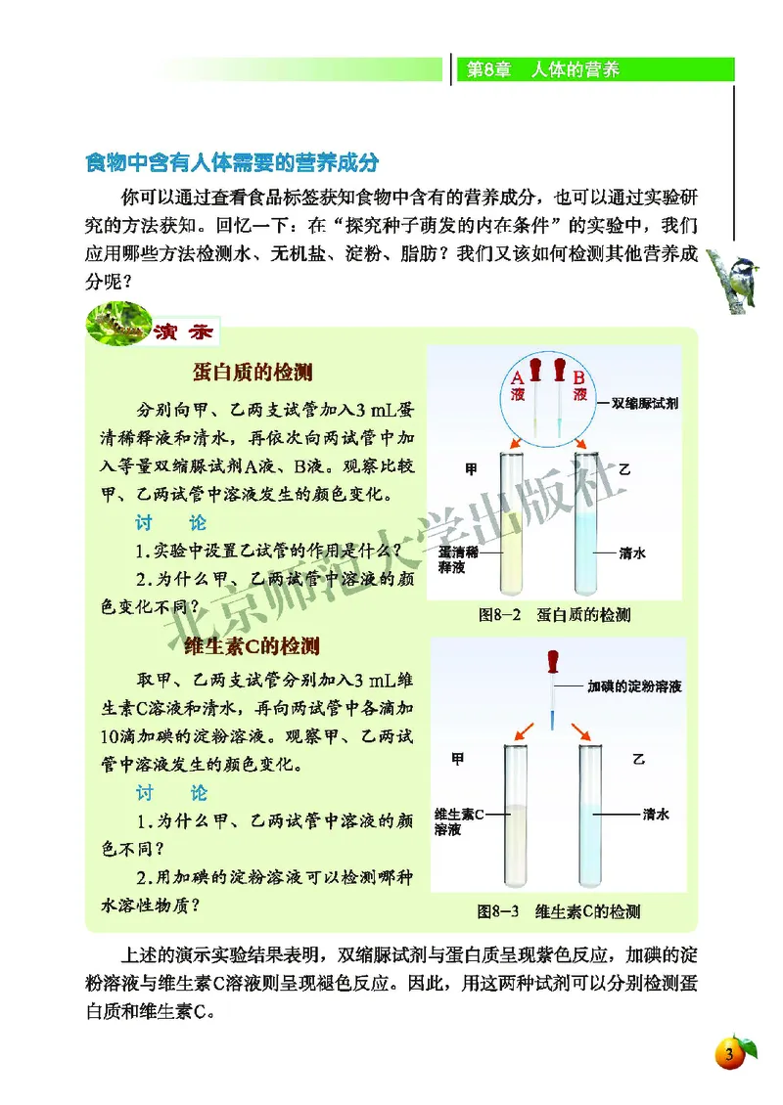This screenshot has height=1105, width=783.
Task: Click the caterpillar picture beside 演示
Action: (x=116, y=324)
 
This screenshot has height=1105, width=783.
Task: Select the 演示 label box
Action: (x=184, y=332)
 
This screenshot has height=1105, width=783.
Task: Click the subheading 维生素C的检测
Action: (x=252, y=646)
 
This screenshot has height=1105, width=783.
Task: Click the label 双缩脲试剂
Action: (x=646, y=403)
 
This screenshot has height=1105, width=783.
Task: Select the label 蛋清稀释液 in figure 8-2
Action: (x=456, y=559)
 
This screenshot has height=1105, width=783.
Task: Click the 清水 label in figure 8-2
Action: (x=632, y=552)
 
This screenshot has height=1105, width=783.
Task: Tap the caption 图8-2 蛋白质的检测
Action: (x=554, y=616)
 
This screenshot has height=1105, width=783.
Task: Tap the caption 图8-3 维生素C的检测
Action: (x=559, y=911)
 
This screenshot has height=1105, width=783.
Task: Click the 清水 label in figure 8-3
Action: (x=656, y=814)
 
